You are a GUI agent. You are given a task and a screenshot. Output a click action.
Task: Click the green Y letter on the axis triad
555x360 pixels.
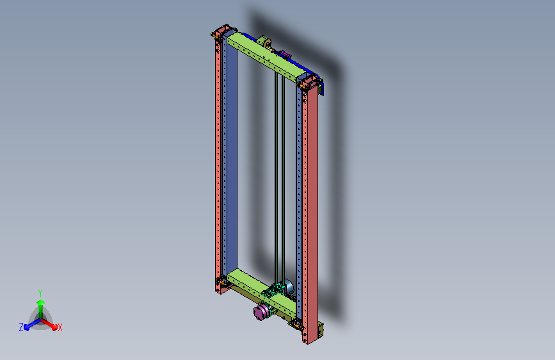pos(40,293)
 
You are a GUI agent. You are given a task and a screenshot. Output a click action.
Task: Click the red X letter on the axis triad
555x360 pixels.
pos(60,327)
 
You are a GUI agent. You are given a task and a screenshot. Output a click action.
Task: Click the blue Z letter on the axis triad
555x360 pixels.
pos(21,327)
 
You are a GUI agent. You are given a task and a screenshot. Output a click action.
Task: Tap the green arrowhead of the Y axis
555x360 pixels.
pos(41,302)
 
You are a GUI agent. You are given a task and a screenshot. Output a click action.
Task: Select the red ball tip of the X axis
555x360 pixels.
pos(54,327)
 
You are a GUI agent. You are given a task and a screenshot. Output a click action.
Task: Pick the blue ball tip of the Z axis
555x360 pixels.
pos(27,327)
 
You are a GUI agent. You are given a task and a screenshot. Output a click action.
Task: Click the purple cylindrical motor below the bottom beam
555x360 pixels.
pos(261,313)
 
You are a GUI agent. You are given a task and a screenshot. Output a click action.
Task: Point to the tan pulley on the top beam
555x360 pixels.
pos(264,42)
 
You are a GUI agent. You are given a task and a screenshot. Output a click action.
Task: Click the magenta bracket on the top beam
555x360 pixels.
pos(286,54)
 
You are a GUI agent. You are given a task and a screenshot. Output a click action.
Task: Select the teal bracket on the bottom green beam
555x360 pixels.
pos(273,291)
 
